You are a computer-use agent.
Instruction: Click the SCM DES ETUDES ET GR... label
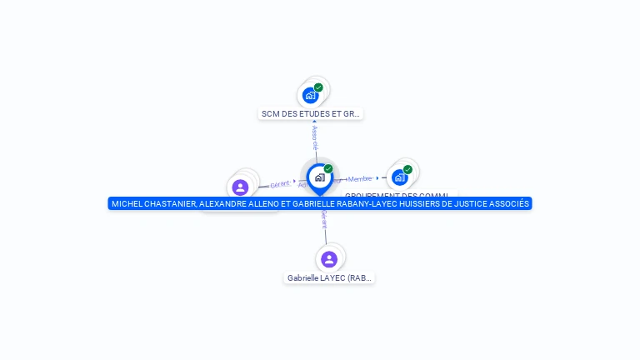click(311, 114)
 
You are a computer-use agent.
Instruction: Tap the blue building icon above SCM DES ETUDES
click(311, 95)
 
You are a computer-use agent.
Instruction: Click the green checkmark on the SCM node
click(318, 87)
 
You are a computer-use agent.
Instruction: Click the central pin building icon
click(319, 177)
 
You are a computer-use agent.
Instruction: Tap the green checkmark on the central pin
click(328, 169)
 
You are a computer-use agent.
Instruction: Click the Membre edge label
click(360, 179)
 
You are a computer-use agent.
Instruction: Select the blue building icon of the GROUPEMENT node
click(400, 177)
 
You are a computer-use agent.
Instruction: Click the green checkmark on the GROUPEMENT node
click(407, 169)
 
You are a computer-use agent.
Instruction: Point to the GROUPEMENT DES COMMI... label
click(400, 195)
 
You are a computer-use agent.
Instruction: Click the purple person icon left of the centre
click(240, 187)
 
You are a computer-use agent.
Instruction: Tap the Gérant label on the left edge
click(280, 184)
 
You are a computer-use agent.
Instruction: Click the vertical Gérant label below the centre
click(324, 220)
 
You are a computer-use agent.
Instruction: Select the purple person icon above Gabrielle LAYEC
click(329, 259)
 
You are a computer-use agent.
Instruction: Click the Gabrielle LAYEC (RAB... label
click(329, 278)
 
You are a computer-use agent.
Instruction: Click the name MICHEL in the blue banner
click(127, 204)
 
